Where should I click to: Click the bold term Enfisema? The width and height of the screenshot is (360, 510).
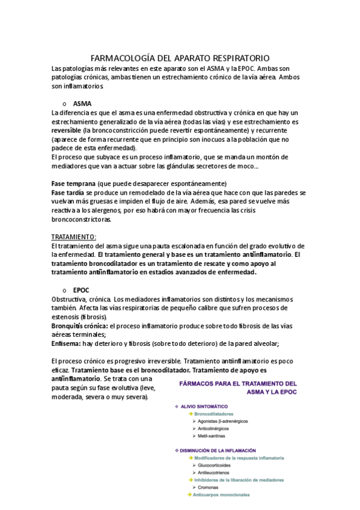(67, 343)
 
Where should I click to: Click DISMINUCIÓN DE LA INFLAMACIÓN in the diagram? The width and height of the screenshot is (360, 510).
(219, 450)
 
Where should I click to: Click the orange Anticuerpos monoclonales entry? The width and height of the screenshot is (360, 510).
(221, 495)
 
